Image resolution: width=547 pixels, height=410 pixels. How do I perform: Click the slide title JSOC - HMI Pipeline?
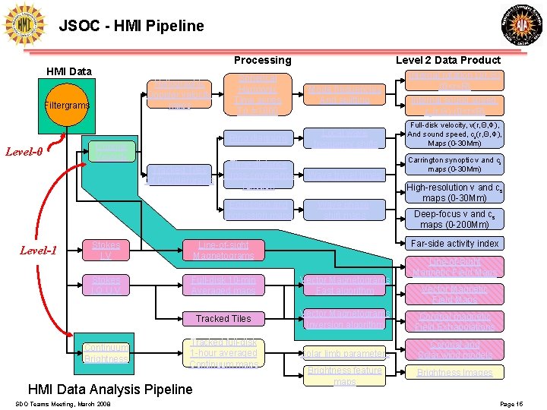point(131,26)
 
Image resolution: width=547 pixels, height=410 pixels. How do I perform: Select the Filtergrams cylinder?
point(68,106)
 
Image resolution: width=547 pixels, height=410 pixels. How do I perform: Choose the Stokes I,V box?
point(106,250)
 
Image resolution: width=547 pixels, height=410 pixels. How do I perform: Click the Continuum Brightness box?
point(106,353)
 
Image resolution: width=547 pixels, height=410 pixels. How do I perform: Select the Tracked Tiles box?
point(223,318)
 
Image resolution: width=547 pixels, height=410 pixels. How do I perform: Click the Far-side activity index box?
point(454,243)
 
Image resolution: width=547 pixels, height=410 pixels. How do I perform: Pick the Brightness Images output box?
point(454,372)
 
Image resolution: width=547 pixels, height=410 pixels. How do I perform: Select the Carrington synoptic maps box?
point(454,165)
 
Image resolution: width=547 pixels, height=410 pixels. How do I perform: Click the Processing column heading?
point(262,60)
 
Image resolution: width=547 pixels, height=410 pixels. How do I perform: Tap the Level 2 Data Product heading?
point(448,60)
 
